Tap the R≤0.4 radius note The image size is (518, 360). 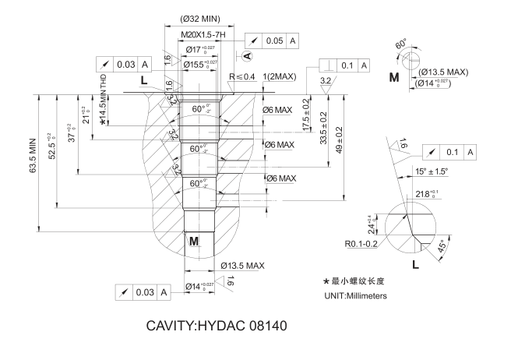click(242, 76)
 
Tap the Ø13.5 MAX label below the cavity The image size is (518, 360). click(242, 266)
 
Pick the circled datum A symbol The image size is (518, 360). click(248, 56)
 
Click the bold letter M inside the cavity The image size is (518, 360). click(194, 242)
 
